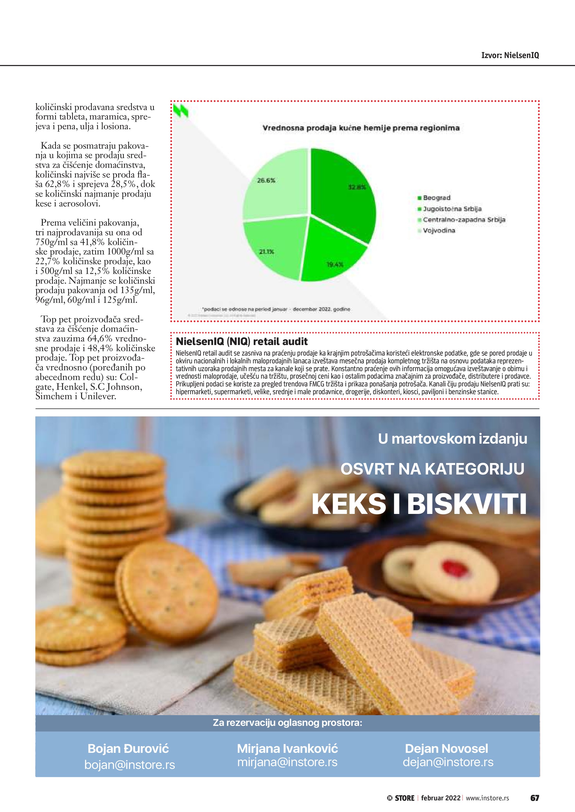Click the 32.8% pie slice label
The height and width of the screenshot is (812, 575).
[357, 187]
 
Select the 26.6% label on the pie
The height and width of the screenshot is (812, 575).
[266, 180]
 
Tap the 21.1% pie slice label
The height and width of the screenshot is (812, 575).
[266, 252]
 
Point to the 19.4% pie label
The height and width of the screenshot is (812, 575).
[335, 264]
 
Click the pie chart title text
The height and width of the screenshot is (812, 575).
[361, 128]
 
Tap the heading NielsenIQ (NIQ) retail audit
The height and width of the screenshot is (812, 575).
[241, 342]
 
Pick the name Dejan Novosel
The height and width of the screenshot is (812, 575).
[446, 748]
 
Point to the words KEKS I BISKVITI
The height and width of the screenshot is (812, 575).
[419, 504]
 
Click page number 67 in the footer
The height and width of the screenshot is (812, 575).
[534, 798]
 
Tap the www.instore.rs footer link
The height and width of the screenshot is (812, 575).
[487, 798]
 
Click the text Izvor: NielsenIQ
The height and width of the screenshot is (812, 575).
[510, 55]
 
